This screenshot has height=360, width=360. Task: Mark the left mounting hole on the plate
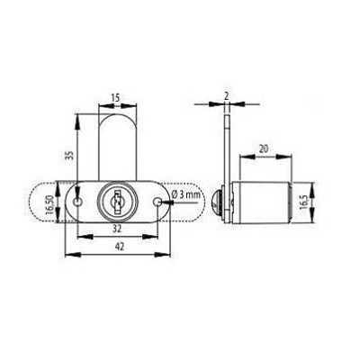[79, 204]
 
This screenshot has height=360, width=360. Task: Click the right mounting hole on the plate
[158, 203]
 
